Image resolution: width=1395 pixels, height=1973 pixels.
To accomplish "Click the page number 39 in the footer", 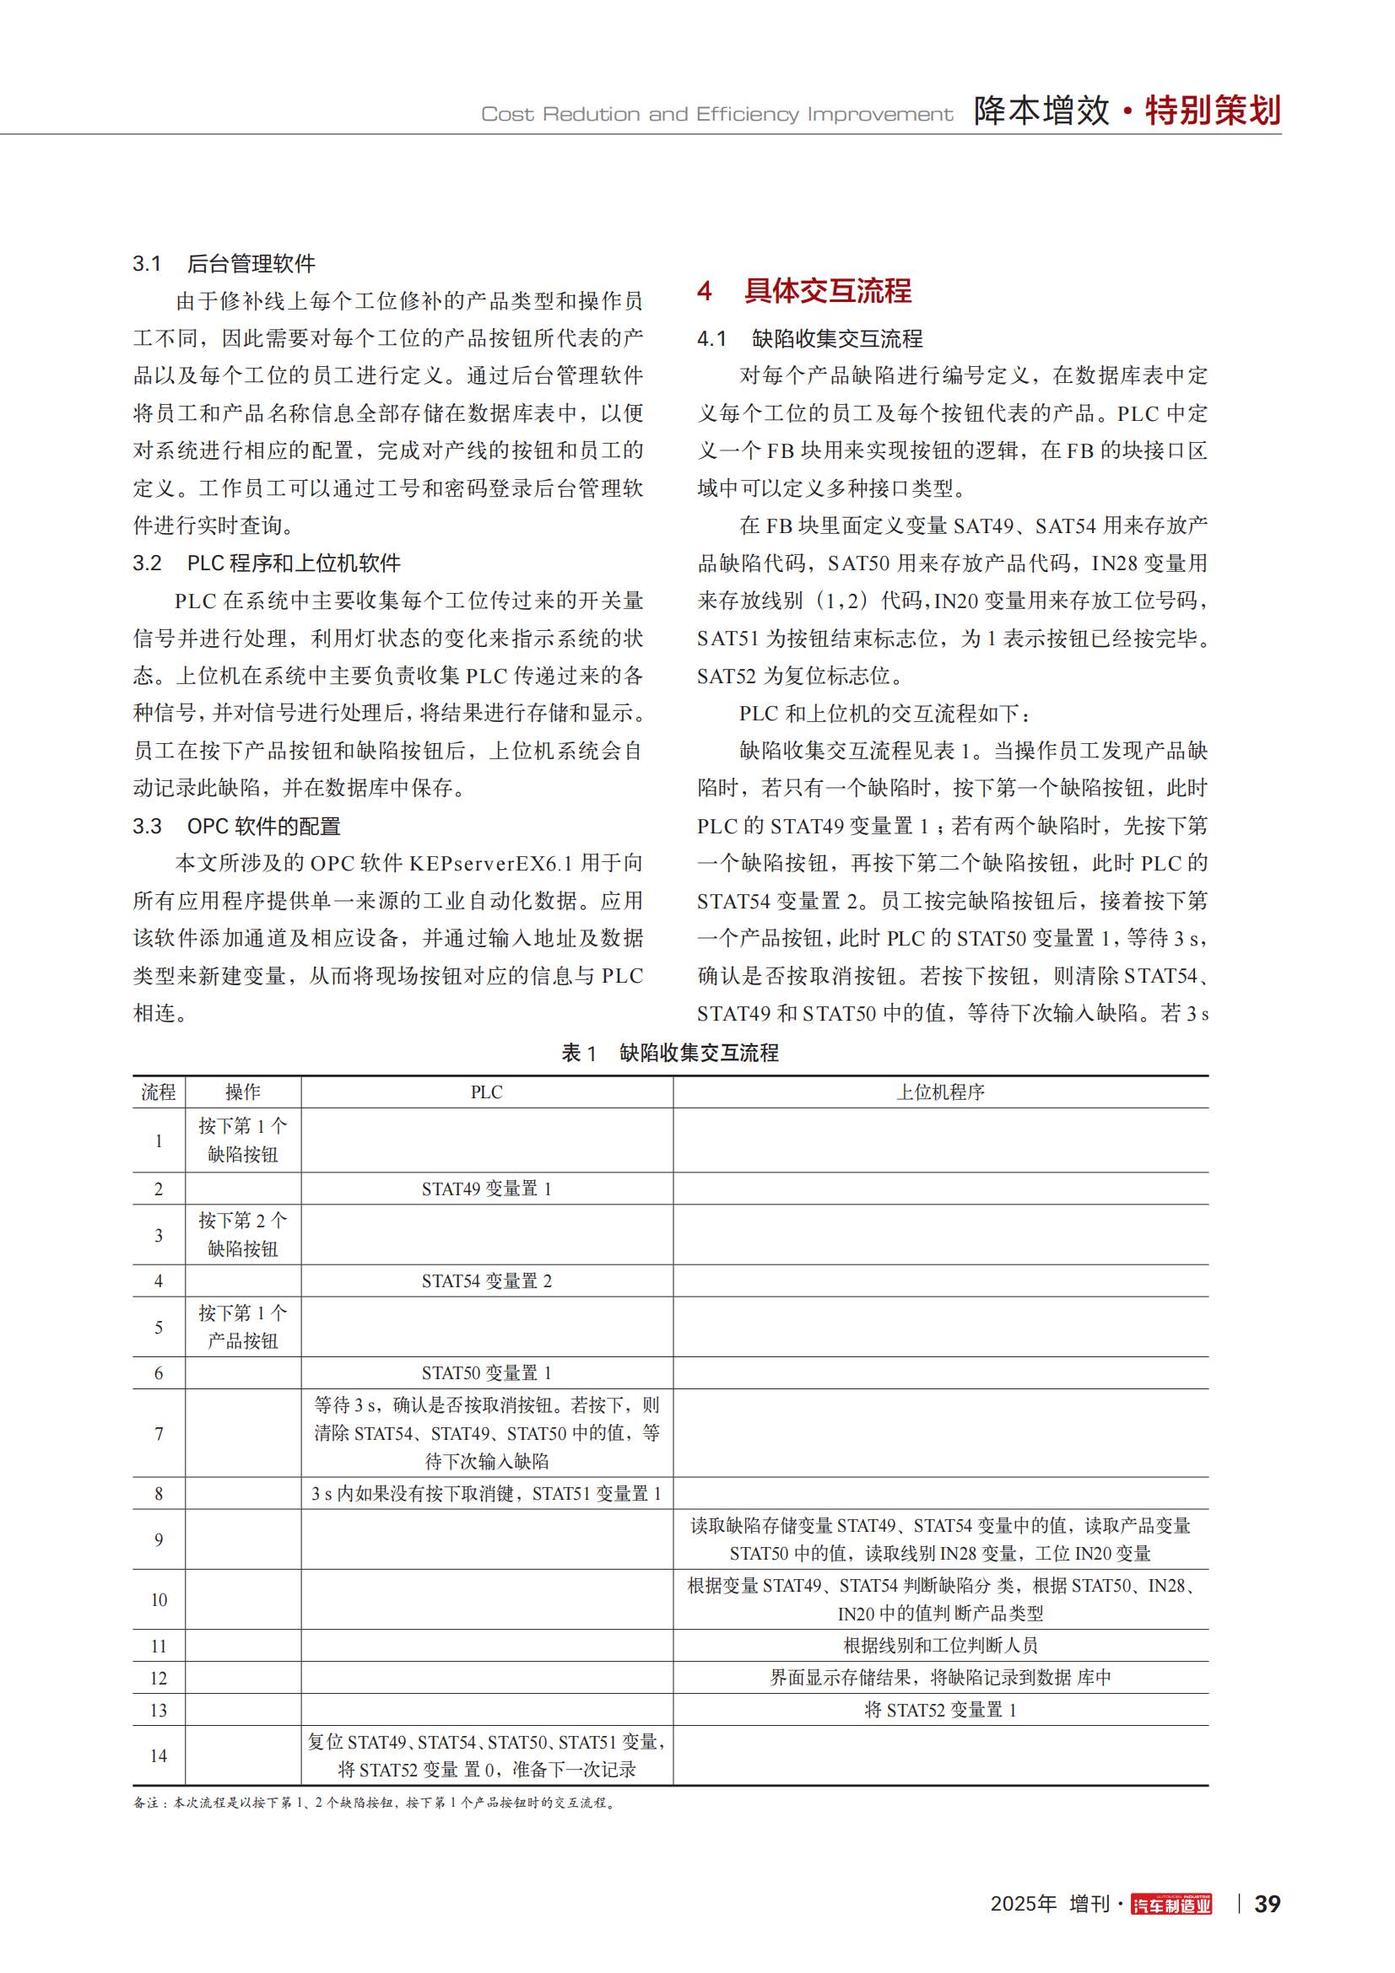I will pyautogui.click(x=1266, y=1903).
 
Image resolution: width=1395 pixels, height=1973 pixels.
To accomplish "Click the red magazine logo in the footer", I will pyautogui.click(x=1171, y=1905).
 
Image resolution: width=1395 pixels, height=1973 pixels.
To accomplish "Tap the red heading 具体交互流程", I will pyautogui.click(x=827, y=290).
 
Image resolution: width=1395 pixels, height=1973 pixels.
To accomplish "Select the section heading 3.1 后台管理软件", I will pyautogui.click(x=224, y=264).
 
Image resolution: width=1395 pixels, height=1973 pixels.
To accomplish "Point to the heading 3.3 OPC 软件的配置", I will pyautogui.click(x=236, y=826).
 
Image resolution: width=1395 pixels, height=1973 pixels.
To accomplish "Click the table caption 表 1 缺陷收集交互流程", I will pyautogui.click(x=669, y=1053).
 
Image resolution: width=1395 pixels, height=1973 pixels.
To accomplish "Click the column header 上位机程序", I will pyautogui.click(x=940, y=1092).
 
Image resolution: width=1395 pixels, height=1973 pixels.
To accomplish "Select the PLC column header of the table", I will pyautogui.click(x=486, y=1092).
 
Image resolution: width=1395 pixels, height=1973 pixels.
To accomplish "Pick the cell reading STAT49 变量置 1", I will pyautogui.click(x=486, y=1189).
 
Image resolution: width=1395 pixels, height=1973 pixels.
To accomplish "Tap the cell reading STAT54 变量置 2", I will pyautogui.click(x=486, y=1280).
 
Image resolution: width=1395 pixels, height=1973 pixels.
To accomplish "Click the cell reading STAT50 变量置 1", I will pyautogui.click(x=486, y=1372).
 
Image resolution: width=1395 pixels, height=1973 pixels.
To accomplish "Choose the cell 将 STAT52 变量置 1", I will pyautogui.click(x=940, y=1709).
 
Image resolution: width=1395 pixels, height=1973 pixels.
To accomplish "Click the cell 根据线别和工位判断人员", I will pyautogui.click(x=940, y=1645).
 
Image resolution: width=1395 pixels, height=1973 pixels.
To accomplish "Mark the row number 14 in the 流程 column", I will pyautogui.click(x=159, y=1755).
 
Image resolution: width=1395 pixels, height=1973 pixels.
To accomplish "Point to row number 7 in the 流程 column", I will pyautogui.click(x=159, y=1433).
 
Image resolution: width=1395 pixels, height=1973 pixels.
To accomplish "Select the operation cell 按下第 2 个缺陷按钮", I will pyautogui.click(x=243, y=1235).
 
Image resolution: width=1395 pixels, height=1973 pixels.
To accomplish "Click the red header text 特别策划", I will pyautogui.click(x=1212, y=111).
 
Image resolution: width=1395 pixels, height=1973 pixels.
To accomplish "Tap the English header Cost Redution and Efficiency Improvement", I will pyautogui.click(x=716, y=114).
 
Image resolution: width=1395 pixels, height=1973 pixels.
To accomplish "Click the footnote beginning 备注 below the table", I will pyautogui.click(x=375, y=1802).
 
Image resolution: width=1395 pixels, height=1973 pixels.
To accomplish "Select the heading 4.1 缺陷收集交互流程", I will pyautogui.click(x=809, y=338).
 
